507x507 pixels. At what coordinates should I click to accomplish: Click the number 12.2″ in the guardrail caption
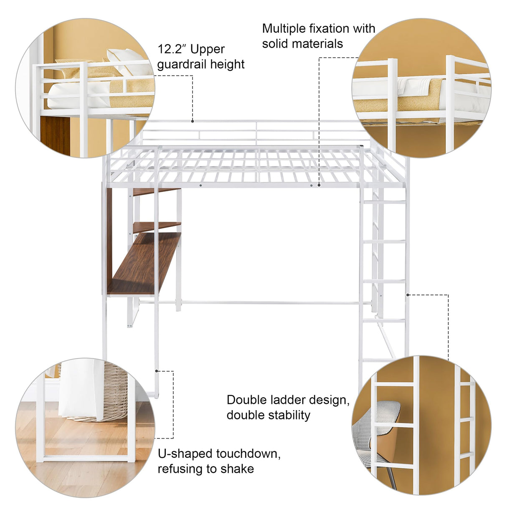(x=170, y=49)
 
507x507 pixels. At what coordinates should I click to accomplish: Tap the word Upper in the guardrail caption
(x=207, y=49)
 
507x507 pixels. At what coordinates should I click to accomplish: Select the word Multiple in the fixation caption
(x=284, y=28)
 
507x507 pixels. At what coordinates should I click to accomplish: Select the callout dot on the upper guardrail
(x=193, y=121)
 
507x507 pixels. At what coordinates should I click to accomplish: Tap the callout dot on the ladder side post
(x=408, y=295)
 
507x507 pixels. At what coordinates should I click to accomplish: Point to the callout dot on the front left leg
(x=157, y=370)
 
